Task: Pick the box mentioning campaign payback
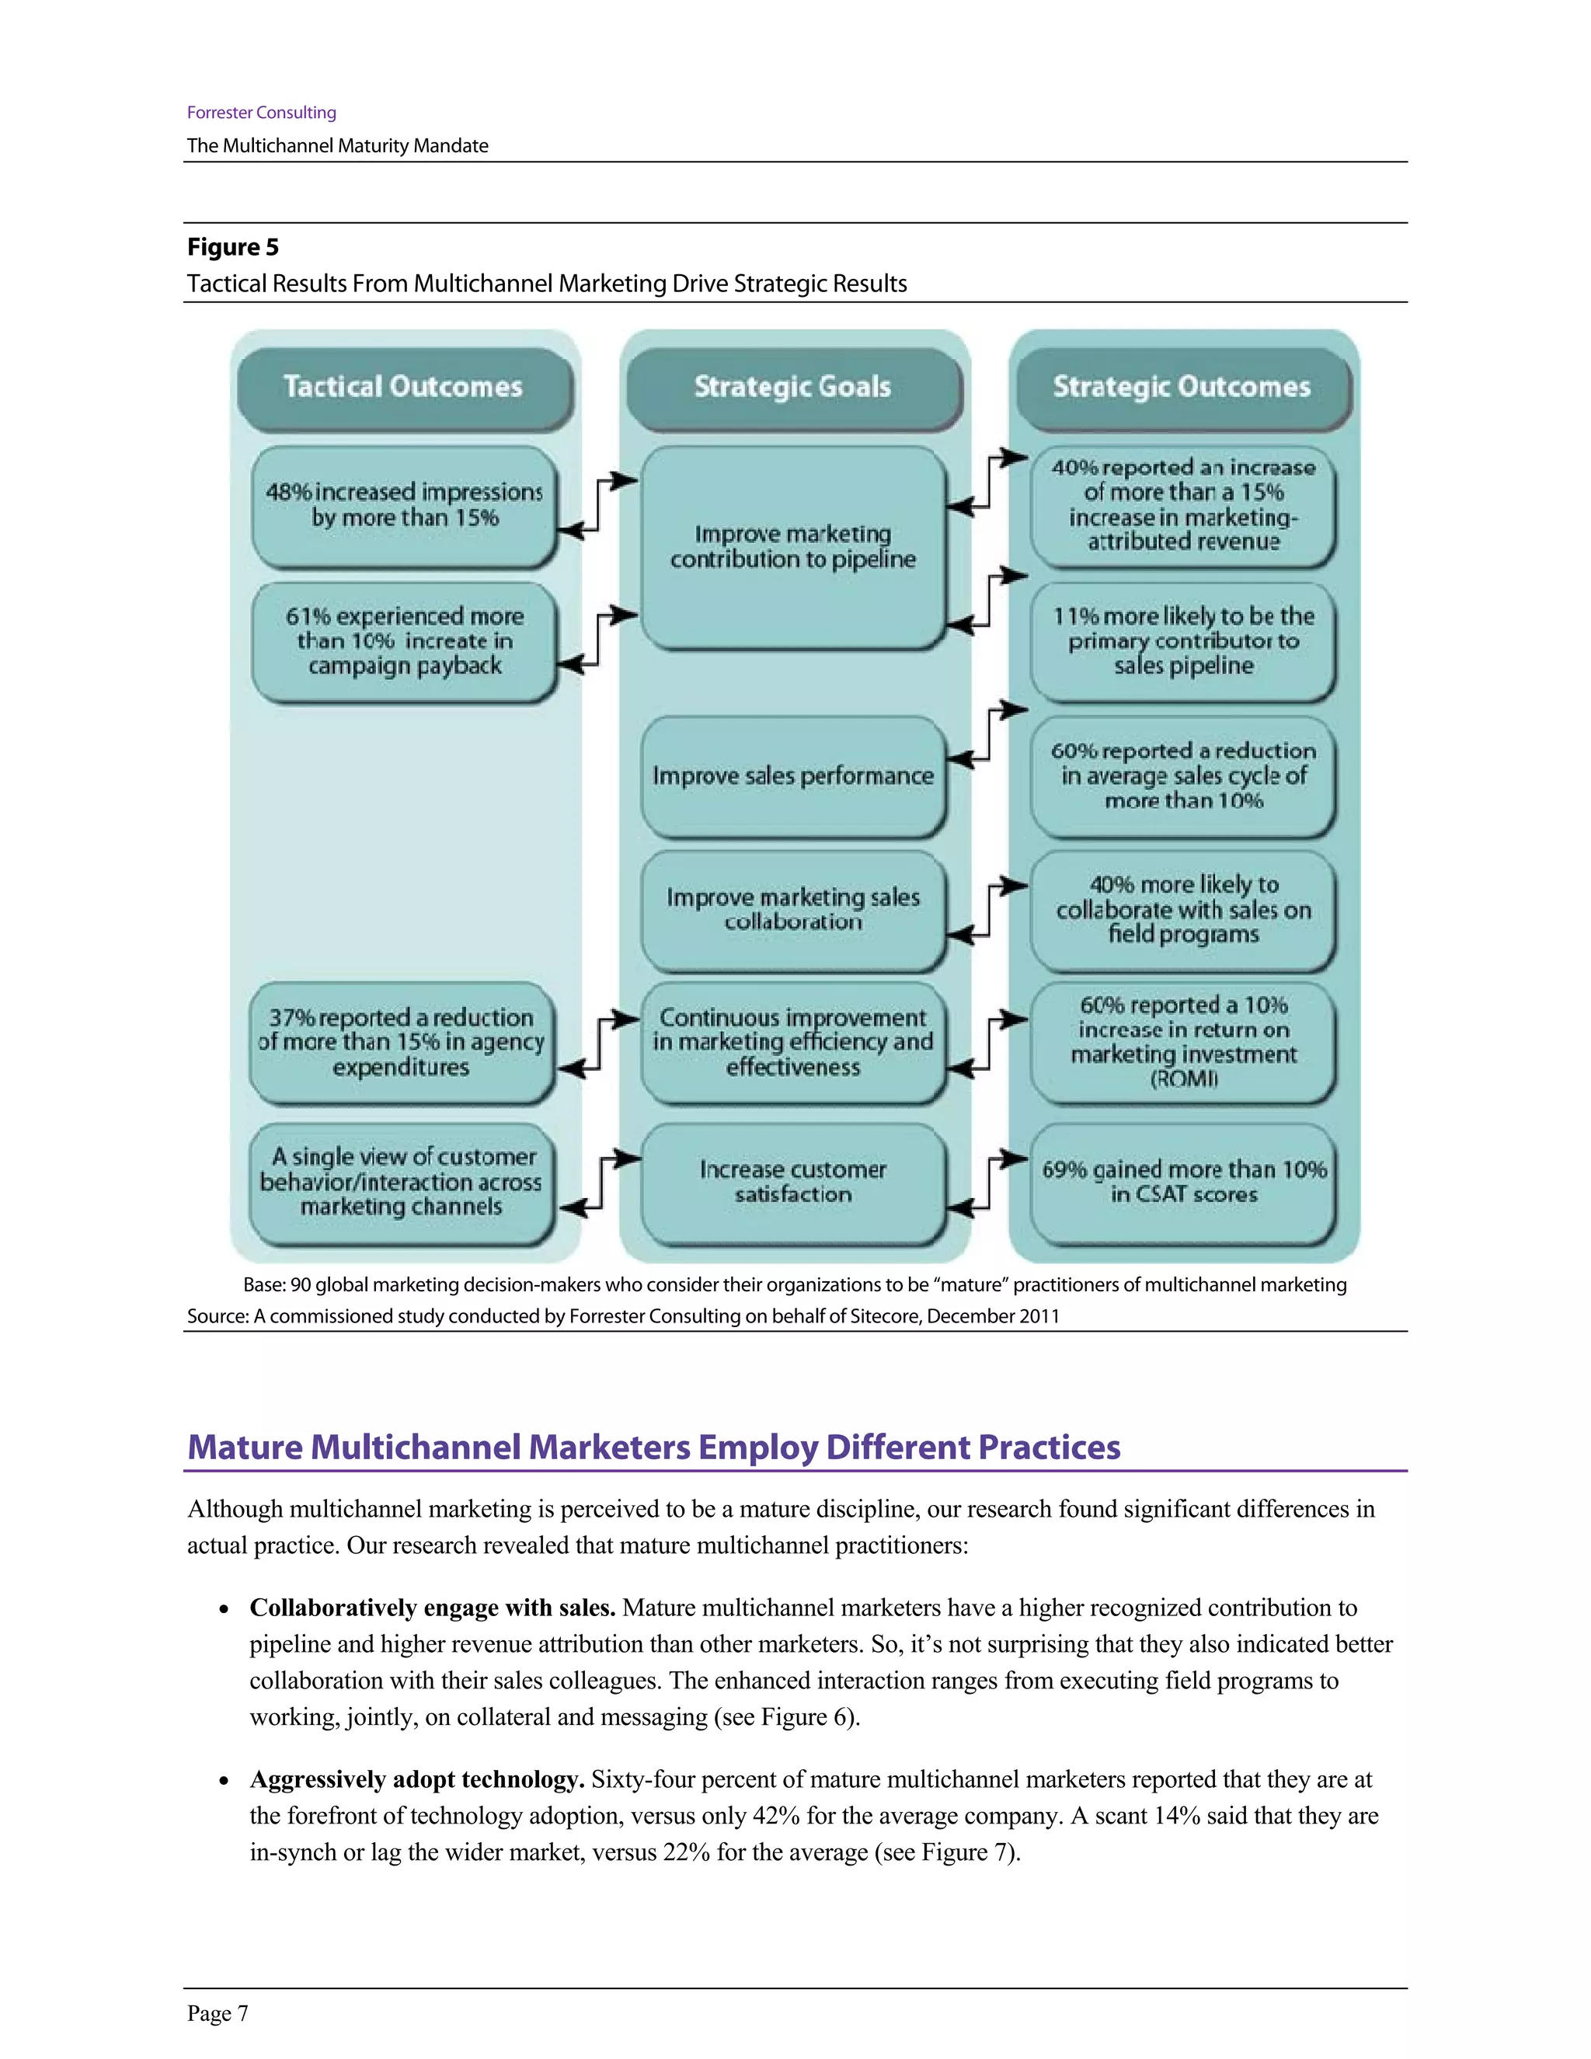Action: [404, 641]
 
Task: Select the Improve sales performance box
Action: [792, 776]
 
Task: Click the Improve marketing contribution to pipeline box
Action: [792, 547]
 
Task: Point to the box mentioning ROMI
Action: [1183, 1042]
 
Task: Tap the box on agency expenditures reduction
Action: [402, 1042]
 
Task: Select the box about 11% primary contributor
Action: [1183, 641]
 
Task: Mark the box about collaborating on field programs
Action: [1183, 910]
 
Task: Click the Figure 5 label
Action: [233, 247]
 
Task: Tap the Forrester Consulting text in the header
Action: [261, 112]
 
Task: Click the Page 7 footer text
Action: [218, 2014]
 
